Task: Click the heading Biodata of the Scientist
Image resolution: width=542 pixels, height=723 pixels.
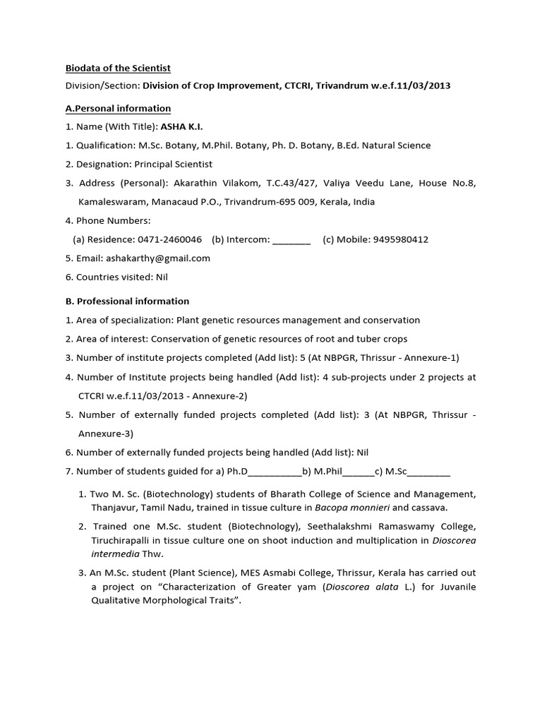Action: [x=118, y=68]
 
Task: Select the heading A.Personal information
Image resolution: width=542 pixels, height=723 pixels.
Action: [x=118, y=108]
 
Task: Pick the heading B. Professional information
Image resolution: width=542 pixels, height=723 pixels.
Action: [x=127, y=301]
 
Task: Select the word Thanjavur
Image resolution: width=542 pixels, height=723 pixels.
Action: [x=114, y=507]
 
